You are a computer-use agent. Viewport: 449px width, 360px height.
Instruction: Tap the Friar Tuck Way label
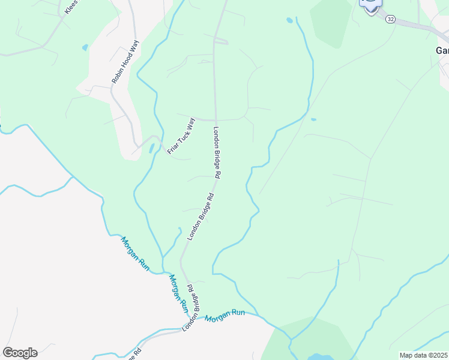click(181, 136)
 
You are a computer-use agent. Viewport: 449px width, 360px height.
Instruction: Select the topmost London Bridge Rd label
click(218, 152)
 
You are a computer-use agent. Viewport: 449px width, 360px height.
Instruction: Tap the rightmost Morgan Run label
click(225, 316)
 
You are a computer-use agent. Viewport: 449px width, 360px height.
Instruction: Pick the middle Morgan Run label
click(178, 293)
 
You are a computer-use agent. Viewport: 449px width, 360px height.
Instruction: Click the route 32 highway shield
click(391, 19)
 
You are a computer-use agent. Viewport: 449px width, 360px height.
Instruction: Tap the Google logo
click(20, 353)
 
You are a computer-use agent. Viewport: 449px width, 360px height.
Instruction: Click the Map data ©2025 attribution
click(423, 355)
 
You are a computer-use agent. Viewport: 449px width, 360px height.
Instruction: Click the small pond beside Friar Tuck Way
click(151, 148)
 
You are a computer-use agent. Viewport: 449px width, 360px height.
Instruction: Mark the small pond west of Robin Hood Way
click(85, 47)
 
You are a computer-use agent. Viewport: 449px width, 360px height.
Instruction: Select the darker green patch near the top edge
click(330, 22)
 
